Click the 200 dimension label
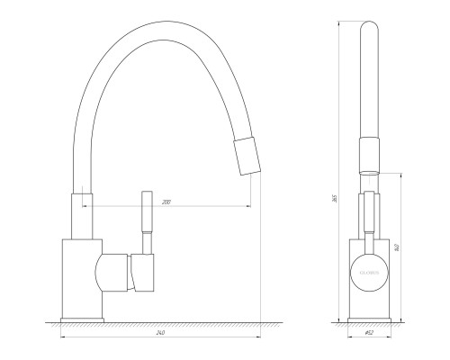[166, 201]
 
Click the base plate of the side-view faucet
[83, 319]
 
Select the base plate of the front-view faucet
[369, 319]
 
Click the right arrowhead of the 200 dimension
[248, 206]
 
